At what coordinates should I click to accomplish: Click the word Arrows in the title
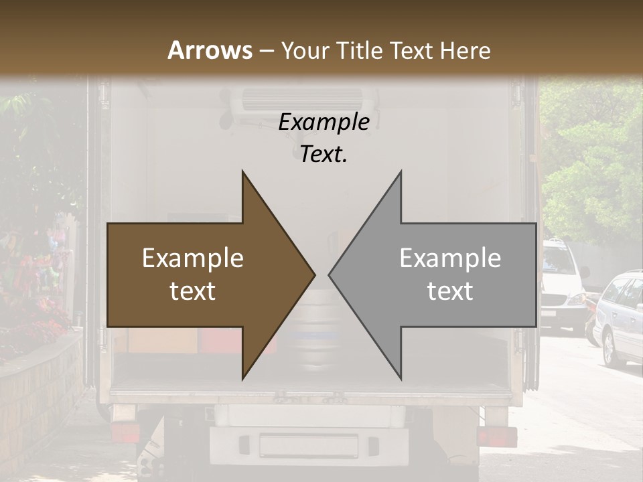pos(210,50)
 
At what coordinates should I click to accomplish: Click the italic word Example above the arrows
pos(324,123)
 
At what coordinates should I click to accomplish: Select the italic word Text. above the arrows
pos(324,154)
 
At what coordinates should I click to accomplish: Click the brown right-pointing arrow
pos(201,275)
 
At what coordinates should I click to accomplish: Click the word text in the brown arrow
pos(192,292)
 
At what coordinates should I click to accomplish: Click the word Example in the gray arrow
pos(450,258)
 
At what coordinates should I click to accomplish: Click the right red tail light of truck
pos(496,436)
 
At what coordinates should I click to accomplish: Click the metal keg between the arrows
pos(315,341)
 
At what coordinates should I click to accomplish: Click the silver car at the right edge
pos(620,318)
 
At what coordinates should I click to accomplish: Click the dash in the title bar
pos(266,51)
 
